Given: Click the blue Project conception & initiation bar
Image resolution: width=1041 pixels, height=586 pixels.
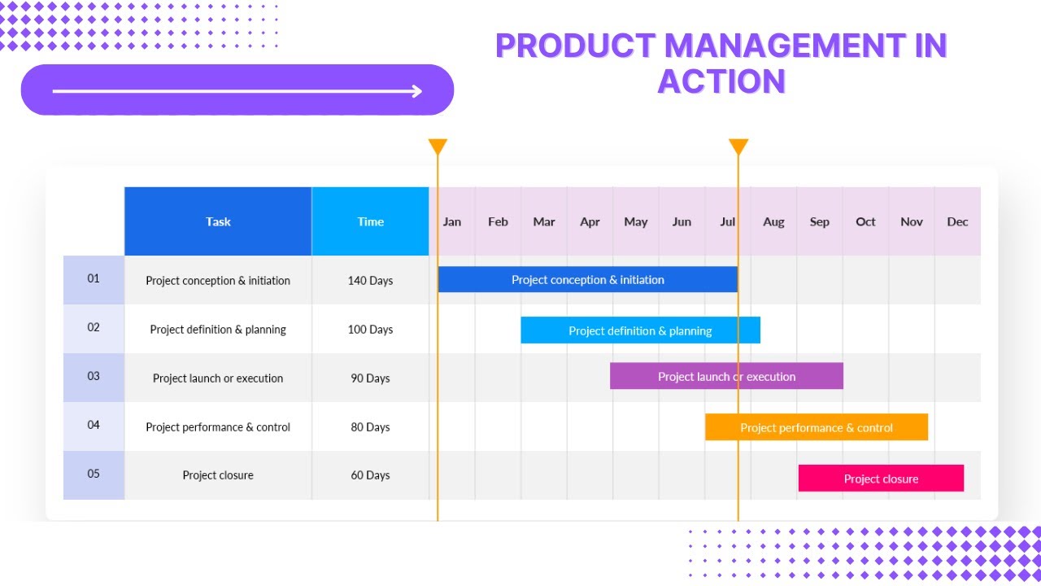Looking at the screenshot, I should point(587,280).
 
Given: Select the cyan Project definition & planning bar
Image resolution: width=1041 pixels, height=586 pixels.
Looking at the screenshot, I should point(640,330).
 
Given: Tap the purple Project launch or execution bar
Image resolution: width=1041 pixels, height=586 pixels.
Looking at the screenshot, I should point(726,376).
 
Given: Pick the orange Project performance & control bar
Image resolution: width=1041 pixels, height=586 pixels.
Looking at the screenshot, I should point(816,427).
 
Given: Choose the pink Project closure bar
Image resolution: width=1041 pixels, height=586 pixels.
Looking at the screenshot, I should point(881,479).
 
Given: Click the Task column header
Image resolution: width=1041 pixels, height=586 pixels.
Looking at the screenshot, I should point(218,221).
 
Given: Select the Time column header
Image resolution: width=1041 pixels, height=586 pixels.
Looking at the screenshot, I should point(370,221).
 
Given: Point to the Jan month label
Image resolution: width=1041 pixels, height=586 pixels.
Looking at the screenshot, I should point(452,221).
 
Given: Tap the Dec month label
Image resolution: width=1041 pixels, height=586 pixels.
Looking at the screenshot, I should point(957,221).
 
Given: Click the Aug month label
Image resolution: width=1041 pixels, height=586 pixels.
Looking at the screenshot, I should point(773,221).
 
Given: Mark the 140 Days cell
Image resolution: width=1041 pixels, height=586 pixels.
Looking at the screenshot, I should point(370,281).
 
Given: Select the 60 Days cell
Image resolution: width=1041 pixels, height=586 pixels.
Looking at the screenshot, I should point(370,475).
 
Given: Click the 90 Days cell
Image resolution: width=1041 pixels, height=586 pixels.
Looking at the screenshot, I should point(370,378).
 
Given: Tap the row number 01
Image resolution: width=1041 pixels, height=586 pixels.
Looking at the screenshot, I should point(94,278).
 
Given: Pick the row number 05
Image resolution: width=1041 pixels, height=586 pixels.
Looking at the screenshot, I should point(94,474).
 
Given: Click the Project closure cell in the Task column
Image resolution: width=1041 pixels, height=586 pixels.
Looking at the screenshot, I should point(218,475).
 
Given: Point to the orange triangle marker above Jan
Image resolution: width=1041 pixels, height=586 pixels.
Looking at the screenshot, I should point(438,146).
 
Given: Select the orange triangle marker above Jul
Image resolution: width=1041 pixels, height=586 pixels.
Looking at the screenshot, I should point(738,146).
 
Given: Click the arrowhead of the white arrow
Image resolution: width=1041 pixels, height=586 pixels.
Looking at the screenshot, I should point(417,91).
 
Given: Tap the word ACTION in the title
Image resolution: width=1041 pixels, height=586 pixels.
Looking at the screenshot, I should point(721,81).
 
